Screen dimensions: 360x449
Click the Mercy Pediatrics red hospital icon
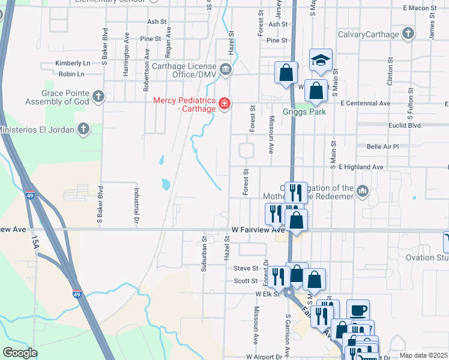coord(224,104)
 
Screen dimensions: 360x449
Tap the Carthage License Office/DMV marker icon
coord(226,70)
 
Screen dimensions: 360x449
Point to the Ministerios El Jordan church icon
coord(84,130)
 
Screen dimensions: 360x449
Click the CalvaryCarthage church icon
coord(408,34)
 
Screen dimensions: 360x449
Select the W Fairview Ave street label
coord(258,230)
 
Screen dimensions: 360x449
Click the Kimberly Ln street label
coord(72,63)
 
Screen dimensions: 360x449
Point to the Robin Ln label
coord(71,74)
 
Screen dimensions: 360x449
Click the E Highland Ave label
coord(361,167)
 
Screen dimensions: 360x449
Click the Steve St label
coord(246,268)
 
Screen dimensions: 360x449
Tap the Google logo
coord(20,353)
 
